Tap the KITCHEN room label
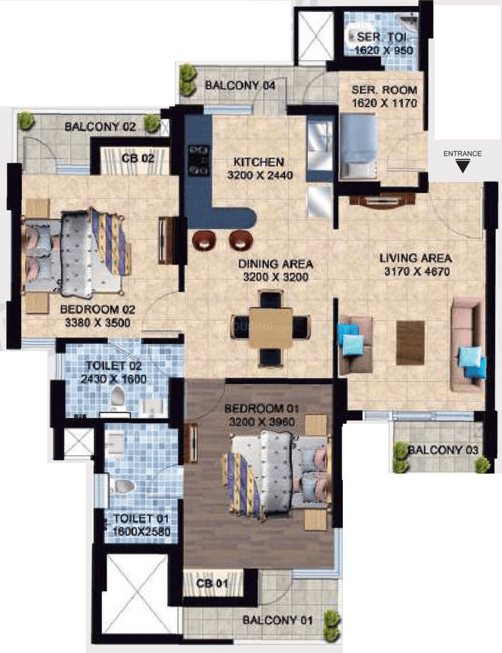pos(258,162)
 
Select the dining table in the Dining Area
pos(271,328)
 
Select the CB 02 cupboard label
pos(137,159)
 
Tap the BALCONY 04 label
pos(240,86)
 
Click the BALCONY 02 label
pos(100,127)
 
